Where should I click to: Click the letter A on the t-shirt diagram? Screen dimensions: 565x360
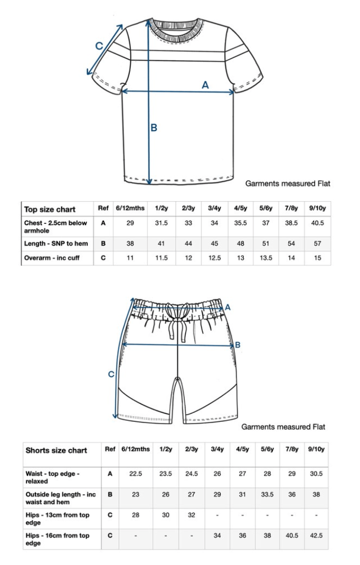pos(205,84)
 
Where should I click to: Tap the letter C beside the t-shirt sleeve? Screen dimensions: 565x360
pos(99,46)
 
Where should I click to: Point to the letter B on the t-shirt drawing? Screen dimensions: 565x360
pos(154,127)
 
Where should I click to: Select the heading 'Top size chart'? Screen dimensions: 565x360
pos(50,210)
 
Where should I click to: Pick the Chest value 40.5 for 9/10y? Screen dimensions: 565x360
pos(317,223)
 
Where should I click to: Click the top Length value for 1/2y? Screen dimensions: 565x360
pos(161,243)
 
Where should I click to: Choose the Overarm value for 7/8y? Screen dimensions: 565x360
pos(291,258)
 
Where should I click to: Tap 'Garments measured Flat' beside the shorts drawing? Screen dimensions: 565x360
pos(283,427)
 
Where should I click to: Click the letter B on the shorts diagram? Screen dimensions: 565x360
pos(238,345)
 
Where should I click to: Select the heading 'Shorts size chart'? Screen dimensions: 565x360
pos(56,450)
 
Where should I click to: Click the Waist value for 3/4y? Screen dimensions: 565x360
pos(217,474)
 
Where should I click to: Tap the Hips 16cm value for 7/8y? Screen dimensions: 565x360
pos(291,535)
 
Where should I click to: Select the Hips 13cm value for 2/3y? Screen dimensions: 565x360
pos(191,515)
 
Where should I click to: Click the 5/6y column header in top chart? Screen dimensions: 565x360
pos(266,209)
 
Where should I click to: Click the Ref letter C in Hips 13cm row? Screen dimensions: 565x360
pos(110,515)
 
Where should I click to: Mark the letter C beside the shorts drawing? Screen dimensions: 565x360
pos(111,374)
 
